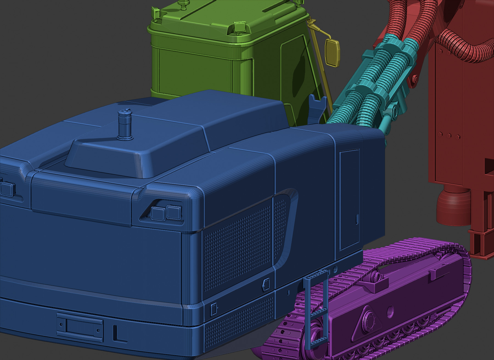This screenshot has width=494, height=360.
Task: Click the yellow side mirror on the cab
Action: click(x=332, y=52)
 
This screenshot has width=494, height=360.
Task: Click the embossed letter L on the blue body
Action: click(x=119, y=334)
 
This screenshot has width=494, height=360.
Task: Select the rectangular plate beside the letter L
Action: click(x=80, y=328)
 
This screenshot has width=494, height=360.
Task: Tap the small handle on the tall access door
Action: click(x=357, y=219)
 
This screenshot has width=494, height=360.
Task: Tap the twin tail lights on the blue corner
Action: click(x=166, y=213)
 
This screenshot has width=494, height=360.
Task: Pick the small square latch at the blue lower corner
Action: click(x=214, y=309)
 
